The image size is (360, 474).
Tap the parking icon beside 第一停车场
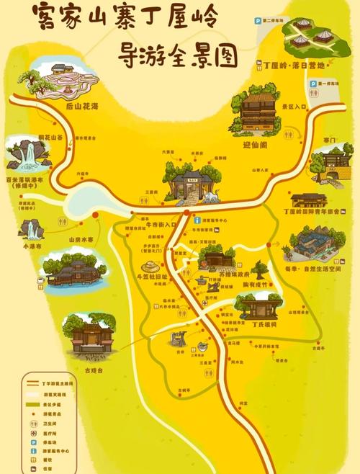click(x=313, y=84)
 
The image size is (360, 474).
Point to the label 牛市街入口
click(x=161, y=224)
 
